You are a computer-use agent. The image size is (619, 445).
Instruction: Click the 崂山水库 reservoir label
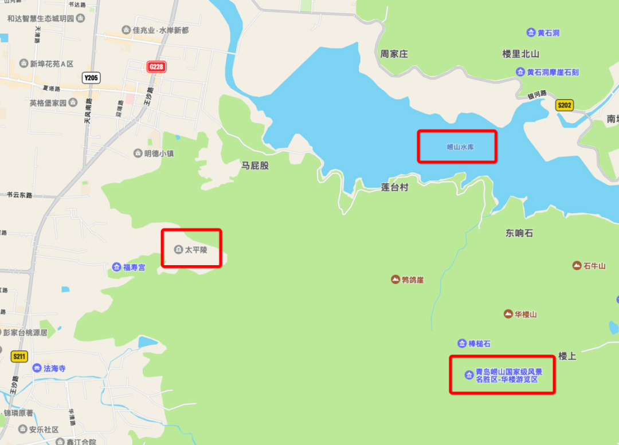click(x=461, y=147)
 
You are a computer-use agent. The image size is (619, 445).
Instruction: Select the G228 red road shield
click(x=156, y=67)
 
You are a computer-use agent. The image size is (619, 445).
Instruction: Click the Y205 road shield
click(x=91, y=78)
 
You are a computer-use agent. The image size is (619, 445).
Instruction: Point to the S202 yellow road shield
click(x=565, y=105)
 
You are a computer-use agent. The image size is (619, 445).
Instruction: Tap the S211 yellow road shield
click(x=19, y=357)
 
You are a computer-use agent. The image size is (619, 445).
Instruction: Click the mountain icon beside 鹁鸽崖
click(x=395, y=279)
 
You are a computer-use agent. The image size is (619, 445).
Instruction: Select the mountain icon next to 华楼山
click(x=508, y=314)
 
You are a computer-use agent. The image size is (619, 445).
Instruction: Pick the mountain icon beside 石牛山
click(x=577, y=265)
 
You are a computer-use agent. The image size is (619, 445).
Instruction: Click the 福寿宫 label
click(x=134, y=267)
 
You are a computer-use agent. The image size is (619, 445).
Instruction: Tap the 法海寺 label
click(x=54, y=368)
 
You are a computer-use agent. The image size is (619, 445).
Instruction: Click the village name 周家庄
click(x=394, y=54)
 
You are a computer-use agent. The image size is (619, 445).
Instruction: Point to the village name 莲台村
click(x=395, y=187)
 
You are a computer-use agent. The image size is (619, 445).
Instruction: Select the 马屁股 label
click(x=255, y=166)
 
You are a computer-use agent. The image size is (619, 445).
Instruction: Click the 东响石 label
click(x=519, y=233)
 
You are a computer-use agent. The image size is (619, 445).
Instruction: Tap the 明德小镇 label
click(x=159, y=153)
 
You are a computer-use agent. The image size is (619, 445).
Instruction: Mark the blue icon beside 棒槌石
click(x=462, y=344)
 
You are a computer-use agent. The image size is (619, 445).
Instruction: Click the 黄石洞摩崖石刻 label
click(x=553, y=72)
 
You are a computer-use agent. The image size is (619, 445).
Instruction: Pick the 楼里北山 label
click(x=521, y=54)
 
